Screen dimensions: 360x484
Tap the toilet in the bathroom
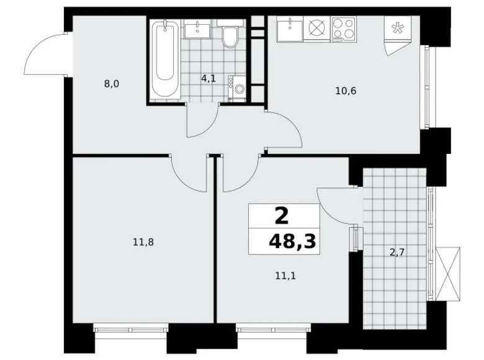(230, 38)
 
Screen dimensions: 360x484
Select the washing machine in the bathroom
(238, 89)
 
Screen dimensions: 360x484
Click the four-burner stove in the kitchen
(343, 29)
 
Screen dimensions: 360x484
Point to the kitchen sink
(289, 29)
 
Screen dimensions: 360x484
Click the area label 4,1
(207, 79)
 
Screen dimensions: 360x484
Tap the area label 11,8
(143, 241)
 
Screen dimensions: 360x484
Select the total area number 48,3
(292, 241)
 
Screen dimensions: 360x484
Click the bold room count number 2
(281, 215)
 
